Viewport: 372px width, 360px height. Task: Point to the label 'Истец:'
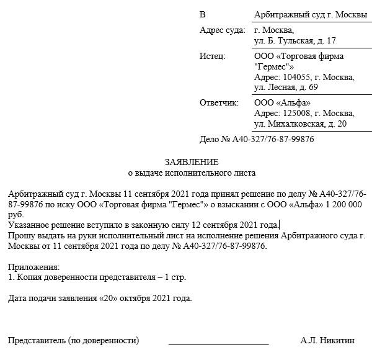pos(213,56)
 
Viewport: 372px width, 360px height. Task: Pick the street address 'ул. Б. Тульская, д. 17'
pos(295,41)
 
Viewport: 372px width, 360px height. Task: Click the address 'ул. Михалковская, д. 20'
pos(300,124)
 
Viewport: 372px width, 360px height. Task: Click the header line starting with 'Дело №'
pos(257,140)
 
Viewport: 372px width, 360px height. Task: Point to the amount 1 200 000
pos(345,205)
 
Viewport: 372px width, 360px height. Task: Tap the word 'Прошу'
pos(21,236)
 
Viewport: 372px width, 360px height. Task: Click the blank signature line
pos(218,342)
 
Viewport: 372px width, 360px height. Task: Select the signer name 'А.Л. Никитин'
pos(327,340)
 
